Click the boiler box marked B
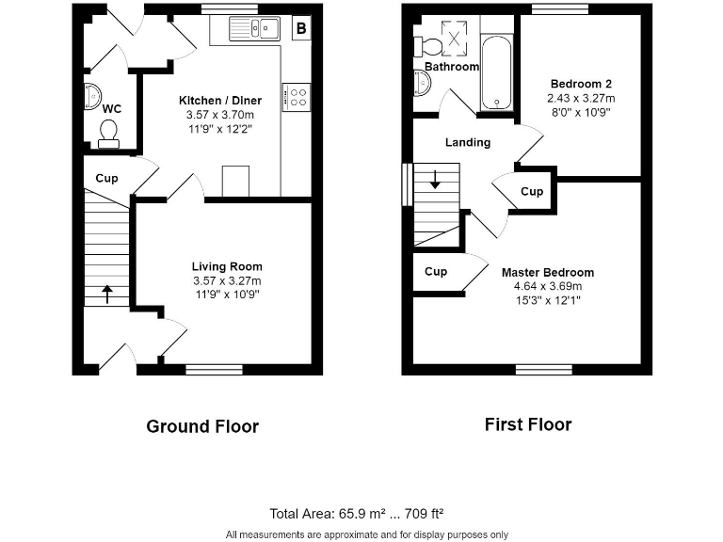pyautogui.click(x=301, y=29)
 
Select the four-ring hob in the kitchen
pyautogui.click(x=298, y=96)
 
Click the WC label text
pyautogui.click(x=112, y=108)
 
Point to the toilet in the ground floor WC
pyautogui.click(x=108, y=134)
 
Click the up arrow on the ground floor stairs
pyautogui.click(x=105, y=294)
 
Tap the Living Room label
pyautogui.click(x=227, y=266)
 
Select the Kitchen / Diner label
pyautogui.click(x=220, y=101)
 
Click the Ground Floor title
pyautogui.click(x=201, y=426)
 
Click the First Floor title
pyautogui.click(x=527, y=424)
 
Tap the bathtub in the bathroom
pyautogui.click(x=495, y=73)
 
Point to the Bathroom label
pyautogui.click(x=452, y=67)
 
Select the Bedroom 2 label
pyautogui.click(x=581, y=84)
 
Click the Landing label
pyautogui.click(x=468, y=142)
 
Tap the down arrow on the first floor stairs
pyautogui.click(x=434, y=179)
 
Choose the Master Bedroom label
pyautogui.click(x=547, y=273)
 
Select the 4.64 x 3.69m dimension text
pyautogui.click(x=547, y=287)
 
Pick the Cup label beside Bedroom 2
pyautogui.click(x=532, y=191)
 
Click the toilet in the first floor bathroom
pyautogui.click(x=430, y=44)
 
